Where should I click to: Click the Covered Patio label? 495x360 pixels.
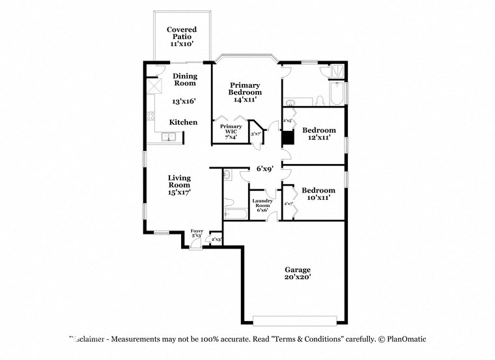point(182,36)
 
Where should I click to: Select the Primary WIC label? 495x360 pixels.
point(231,131)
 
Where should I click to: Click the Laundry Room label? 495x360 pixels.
point(262,205)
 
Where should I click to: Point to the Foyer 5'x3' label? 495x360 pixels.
point(197,233)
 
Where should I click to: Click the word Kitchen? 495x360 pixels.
point(183,122)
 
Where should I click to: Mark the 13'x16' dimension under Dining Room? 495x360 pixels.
point(184,102)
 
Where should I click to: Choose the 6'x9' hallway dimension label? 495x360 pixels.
point(264,169)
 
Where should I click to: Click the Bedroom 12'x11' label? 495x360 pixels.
point(319,133)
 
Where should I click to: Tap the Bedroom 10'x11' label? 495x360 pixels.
point(318,194)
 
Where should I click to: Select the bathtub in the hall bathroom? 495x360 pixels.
point(234,214)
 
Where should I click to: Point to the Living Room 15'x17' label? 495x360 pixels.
point(179,185)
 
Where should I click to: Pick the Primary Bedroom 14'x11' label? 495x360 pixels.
point(244,92)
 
